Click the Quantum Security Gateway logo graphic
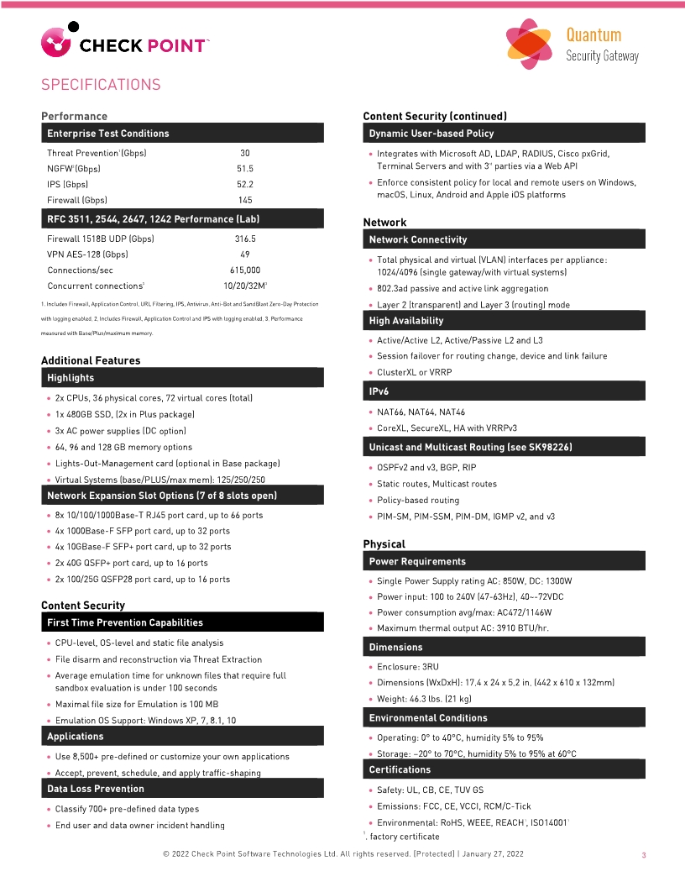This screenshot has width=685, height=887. pos(529,45)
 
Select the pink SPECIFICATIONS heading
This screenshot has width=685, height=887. pos(101,85)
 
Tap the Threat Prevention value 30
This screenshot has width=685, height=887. pos(245,153)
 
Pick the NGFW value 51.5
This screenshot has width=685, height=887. pos(245,169)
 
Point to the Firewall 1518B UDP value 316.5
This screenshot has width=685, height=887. pos(245,239)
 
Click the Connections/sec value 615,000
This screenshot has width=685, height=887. pos(245,270)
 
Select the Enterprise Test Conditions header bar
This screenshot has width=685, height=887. pos(182,134)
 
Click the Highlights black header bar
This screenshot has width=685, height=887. pos(182,378)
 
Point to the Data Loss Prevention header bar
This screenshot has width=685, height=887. pos(182,789)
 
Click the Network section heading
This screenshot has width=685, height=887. pos(384,223)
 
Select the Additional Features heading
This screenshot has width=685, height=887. pos(91,360)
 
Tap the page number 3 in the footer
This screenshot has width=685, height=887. pos(643,855)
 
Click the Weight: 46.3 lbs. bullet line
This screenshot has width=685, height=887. pos(424,699)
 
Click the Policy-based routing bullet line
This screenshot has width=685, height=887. pos(418,501)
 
